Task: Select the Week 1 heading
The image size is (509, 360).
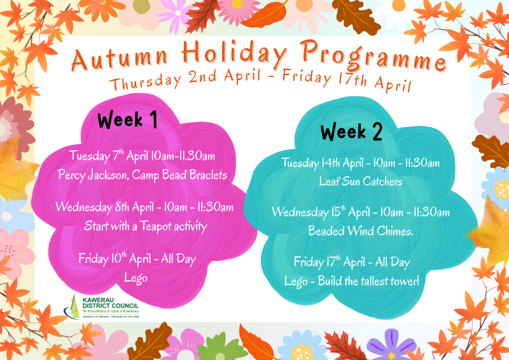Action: click(x=127, y=120)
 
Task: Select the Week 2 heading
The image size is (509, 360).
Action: click(x=351, y=131)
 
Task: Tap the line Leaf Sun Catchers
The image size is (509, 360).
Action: click(x=361, y=181)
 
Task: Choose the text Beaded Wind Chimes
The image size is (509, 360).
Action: click(x=361, y=231)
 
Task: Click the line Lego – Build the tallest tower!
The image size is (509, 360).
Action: click(x=352, y=280)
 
